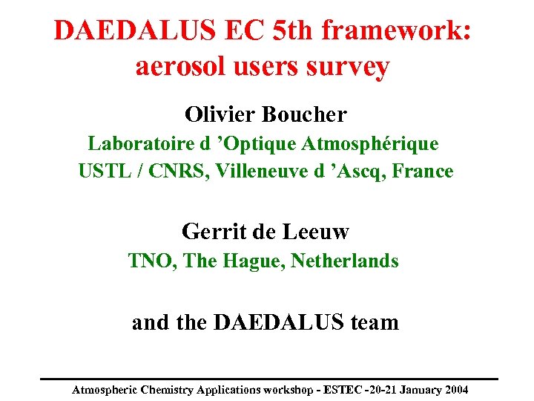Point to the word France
point(423,172)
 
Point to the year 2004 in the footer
point(454,389)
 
